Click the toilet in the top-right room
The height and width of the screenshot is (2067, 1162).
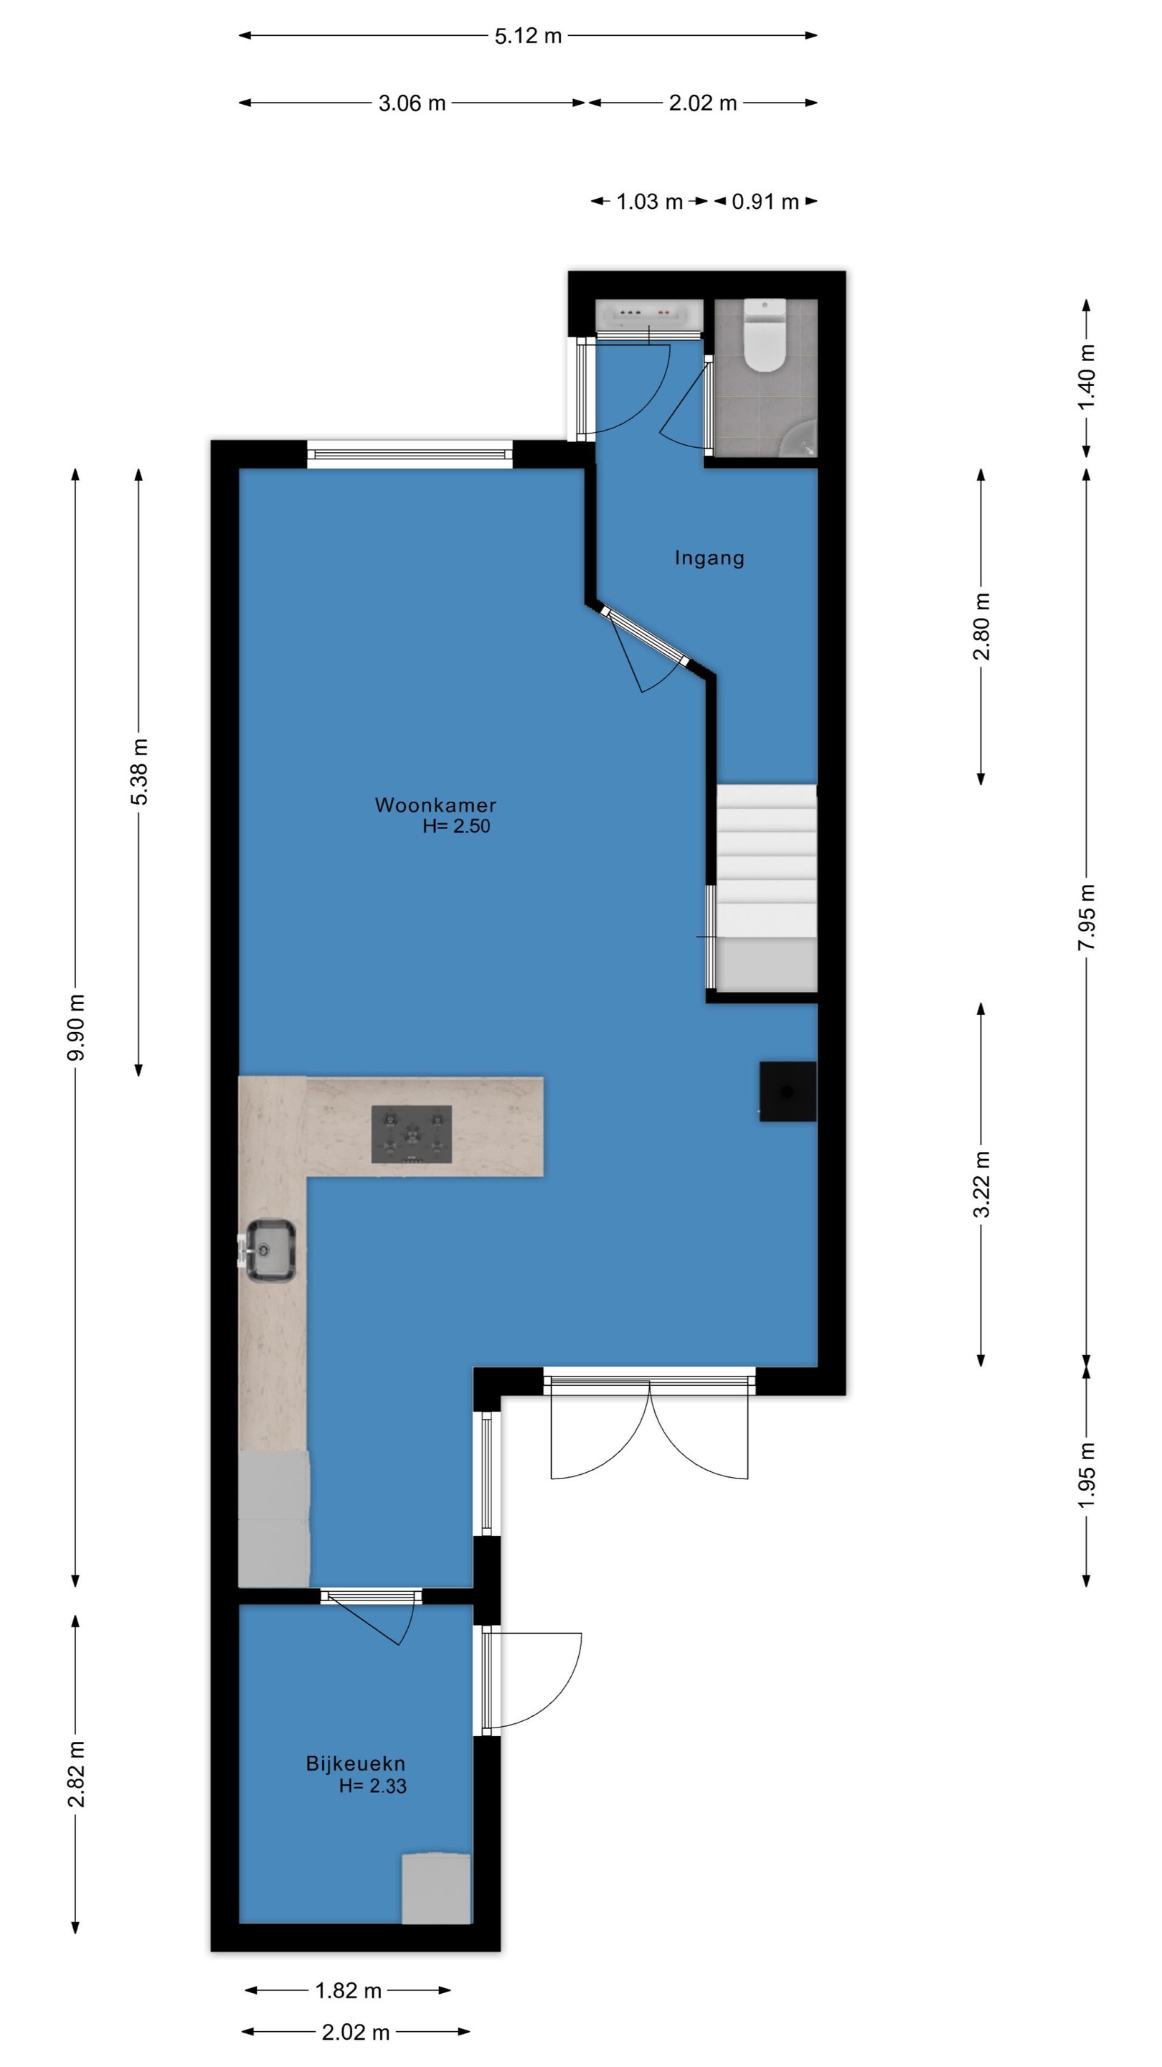click(x=764, y=334)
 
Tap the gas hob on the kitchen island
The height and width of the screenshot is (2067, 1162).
click(x=412, y=1134)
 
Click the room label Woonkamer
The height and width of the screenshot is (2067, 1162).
click(x=435, y=805)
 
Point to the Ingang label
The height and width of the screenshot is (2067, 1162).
click(x=709, y=558)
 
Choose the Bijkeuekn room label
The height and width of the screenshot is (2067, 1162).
click(x=355, y=1763)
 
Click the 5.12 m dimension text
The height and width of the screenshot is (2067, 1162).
click(x=528, y=36)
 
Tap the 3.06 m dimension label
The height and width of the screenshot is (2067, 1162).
click(x=412, y=103)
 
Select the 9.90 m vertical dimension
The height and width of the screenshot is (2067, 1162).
click(x=75, y=1027)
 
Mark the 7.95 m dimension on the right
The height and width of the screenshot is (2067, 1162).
click(x=1086, y=917)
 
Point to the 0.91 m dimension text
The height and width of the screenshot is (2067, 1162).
click(x=765, y=202)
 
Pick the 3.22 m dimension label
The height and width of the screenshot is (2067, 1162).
click(x=981, y=1184)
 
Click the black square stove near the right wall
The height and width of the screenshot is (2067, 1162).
click(x=788, y=1091)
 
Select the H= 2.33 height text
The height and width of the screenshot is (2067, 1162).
click(x=372, y=1786)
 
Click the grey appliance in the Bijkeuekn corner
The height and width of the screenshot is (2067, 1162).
click(x=435, y=1888)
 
